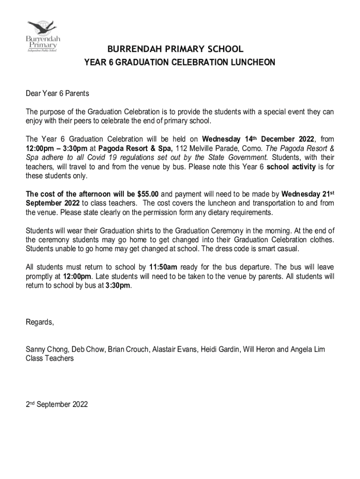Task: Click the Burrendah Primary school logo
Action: [x=43, y=36]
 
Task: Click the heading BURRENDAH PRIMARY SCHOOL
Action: [x=175, y=49]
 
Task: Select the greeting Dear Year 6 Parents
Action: [x=57, y=94]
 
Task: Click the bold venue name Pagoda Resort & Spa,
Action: [x=139, y=148]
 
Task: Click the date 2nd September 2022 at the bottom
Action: [x=56, y=405]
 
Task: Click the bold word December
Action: [x=281, y=139]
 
